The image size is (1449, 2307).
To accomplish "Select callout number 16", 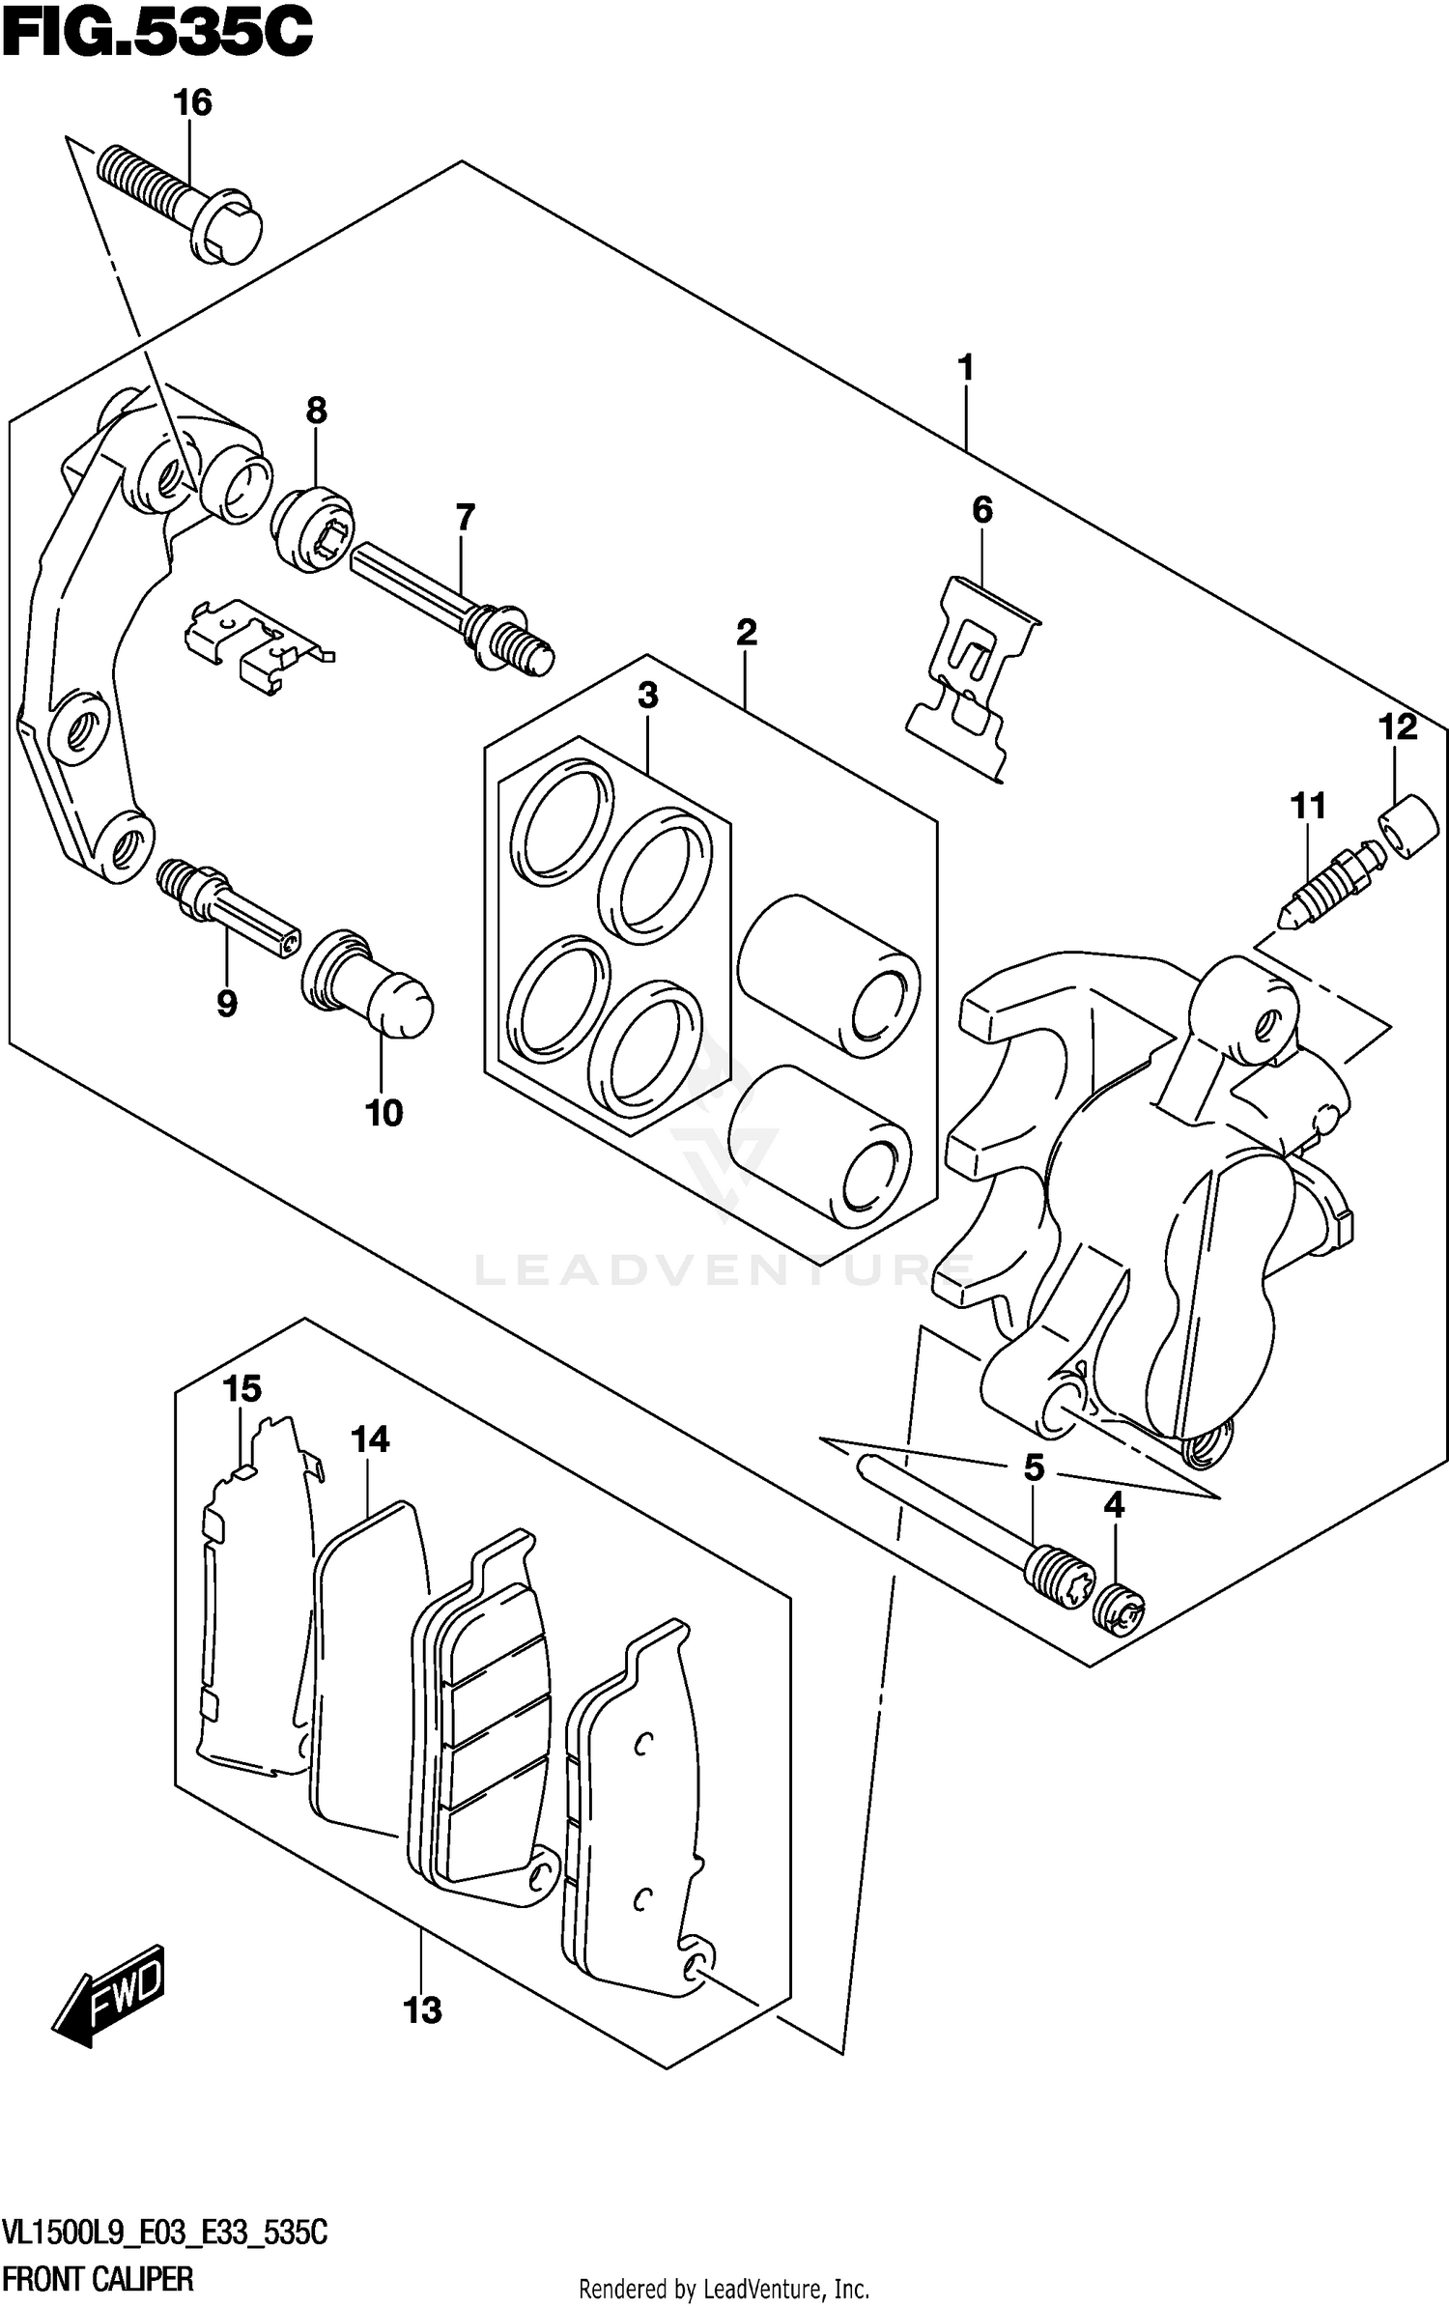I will pyautogui.click(x=192, y=102).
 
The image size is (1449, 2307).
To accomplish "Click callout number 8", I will pyautogui.click(x=316, y=411).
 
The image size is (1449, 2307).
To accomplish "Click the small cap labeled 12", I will pyautogui.click(x=1409, y=825).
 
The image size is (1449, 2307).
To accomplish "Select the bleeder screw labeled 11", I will pyautogui.click(x=1328, y=888).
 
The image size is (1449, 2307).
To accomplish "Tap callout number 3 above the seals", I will pyautogui.click(x=647, y=695).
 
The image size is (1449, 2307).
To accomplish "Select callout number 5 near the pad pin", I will pyautogui.click(x=1034, y=1468).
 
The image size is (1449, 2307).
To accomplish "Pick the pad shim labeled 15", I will pyautogui.click(x=256, y=1604).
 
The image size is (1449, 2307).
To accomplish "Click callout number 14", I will pyautogui.click(x=369, y=1439).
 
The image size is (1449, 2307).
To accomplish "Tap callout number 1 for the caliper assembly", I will pyautogui.click(x=965, y=368).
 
